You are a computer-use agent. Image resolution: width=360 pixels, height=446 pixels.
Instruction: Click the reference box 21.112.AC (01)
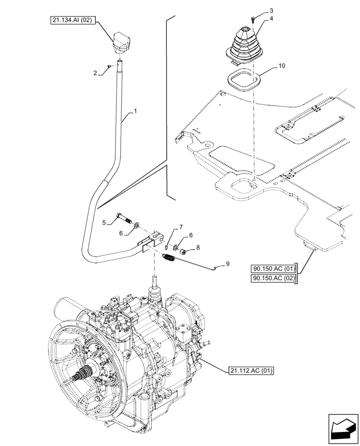point(251,370)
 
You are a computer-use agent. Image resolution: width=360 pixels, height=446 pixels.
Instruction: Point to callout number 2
point(95,73)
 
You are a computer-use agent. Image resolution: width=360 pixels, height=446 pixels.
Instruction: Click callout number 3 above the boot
point(271,10)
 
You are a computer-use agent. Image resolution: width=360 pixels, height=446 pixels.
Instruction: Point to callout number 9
point(228,264)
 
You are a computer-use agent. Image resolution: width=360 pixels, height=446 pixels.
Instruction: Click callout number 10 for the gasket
point(281,66)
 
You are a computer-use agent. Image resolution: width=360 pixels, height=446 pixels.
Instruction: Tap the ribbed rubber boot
point(243,44)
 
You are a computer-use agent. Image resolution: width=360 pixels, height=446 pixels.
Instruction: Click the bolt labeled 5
point(123,218)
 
